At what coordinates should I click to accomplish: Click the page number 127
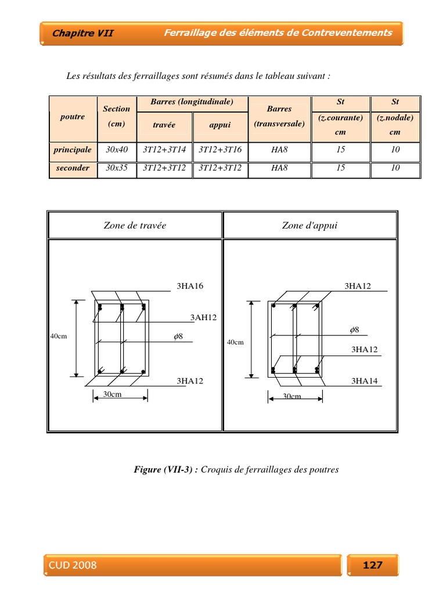click(x=372, y=564)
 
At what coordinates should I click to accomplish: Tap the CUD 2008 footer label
click(x=73, y=565)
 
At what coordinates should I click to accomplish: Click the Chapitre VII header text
click(x=83, y=33)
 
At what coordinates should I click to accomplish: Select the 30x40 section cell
click(x=117, y=150)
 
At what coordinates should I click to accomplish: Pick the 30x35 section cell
click(x=117, y=168)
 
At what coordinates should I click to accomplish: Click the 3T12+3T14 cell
click(x=164, y=150)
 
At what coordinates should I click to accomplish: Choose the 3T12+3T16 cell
click(x=220, y=150)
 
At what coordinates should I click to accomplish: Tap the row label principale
click(x=73, y=150)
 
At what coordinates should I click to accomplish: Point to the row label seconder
click(x=73, y=168)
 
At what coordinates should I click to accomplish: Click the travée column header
click(x=164, y=125)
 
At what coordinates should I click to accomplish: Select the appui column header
click(x=220, y=125)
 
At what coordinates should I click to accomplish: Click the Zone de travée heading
click(x=135, y=225)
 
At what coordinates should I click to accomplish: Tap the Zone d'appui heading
click(x=310, y=225)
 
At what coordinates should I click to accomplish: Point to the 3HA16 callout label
click(x=190, y=286)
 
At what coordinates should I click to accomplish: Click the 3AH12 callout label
click(x=203, y=317)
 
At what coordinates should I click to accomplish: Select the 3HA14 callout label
click(x=364, y=381)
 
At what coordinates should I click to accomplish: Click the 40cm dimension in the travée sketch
click(x=59, y=336)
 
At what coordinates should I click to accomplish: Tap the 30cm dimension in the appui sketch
click(x=292, y=396)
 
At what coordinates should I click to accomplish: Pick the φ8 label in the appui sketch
click(x=354, y=329)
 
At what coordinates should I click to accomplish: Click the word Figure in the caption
click(x=148, y=469)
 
